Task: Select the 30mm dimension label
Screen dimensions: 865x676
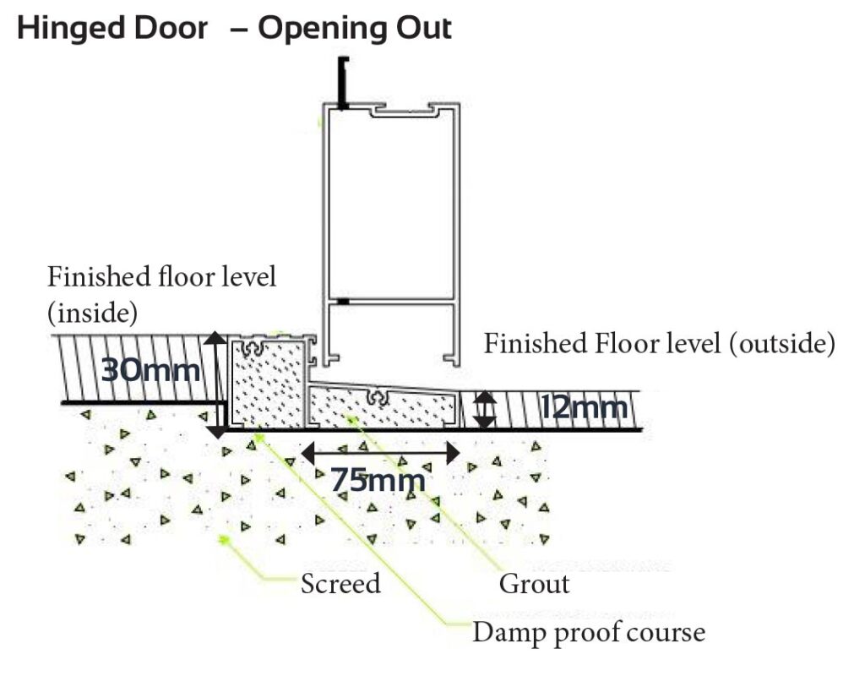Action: (x=150, y=369)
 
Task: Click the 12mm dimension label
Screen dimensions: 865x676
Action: (x=583, y=408)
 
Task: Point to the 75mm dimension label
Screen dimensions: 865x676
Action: (x=378, y=480)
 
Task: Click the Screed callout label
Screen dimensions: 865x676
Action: (x=340, y=583)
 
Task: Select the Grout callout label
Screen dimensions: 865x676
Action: (x=534, y=584)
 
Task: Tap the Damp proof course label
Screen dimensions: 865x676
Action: (x=589, y=632)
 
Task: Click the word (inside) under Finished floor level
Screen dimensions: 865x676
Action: (x=92, y=313)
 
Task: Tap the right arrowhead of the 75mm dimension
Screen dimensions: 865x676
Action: (x=453, y=453)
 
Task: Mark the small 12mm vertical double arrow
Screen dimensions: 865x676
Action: (x=484, y=410)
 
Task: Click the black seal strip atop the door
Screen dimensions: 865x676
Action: (x=343, y=82)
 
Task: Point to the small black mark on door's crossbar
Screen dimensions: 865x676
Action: (x=343, y=302)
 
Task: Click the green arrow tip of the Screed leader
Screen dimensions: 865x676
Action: (x=222, y=538)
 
